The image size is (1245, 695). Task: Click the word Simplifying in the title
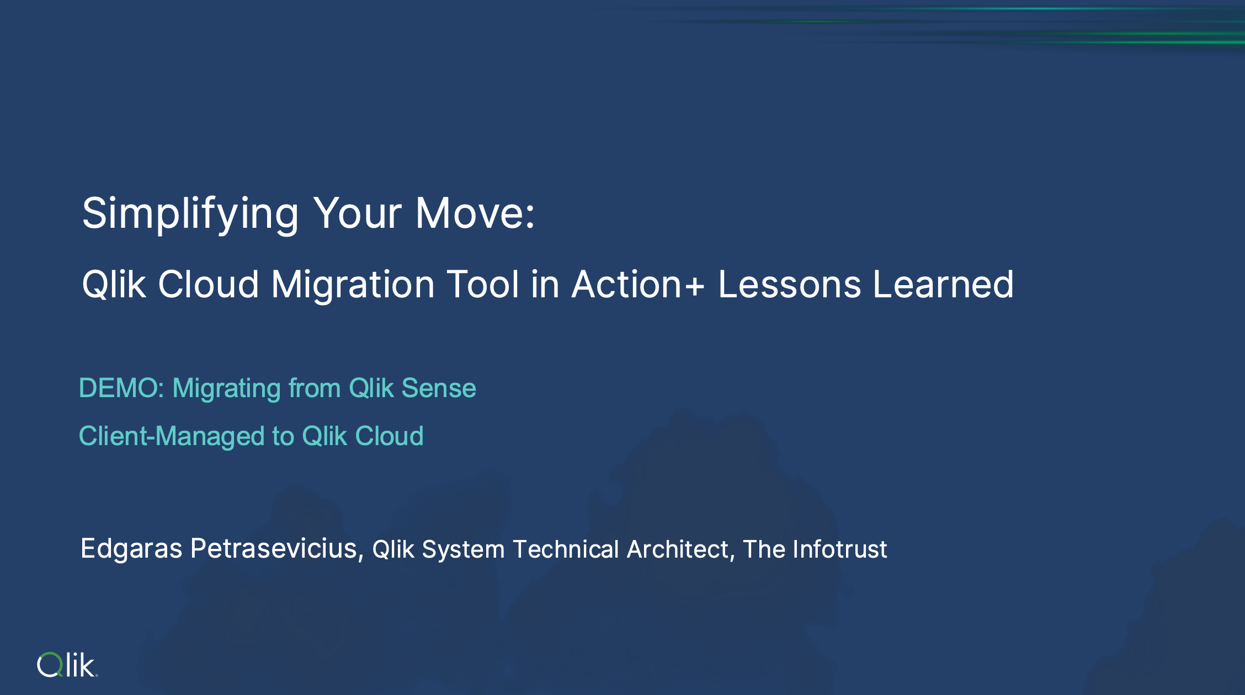190,214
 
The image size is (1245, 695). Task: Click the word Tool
483,285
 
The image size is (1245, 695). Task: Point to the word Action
627,285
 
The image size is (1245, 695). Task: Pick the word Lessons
789,285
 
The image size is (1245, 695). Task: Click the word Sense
439,388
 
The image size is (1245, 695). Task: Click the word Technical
566,549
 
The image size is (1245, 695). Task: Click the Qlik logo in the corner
67,665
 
